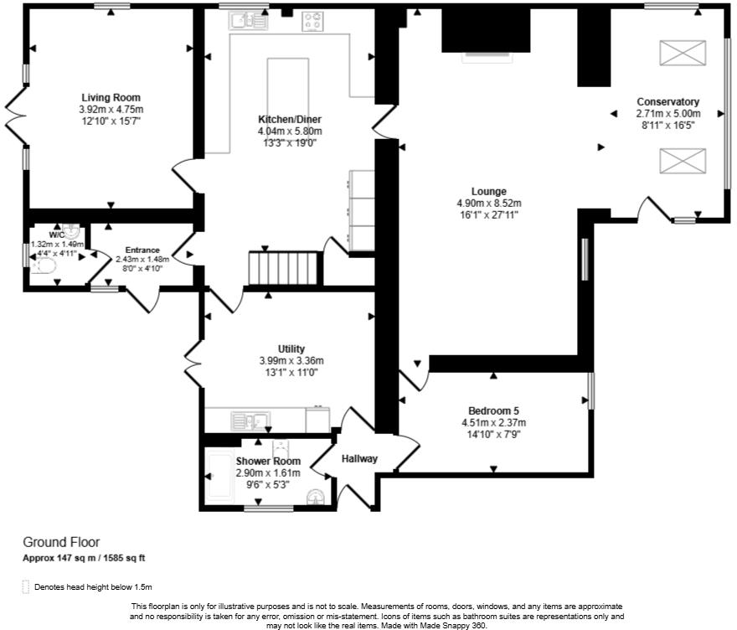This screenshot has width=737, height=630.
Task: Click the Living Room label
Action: [x=111, y=98]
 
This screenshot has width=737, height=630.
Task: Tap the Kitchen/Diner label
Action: [x=290, y=120]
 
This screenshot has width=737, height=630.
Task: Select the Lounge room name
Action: [x=489, y=192]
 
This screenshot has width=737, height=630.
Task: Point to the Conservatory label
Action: [x=668, y=101]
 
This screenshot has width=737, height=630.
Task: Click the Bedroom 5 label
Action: [x=493, y=411]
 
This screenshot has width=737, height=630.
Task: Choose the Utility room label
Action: [x=291, y=349]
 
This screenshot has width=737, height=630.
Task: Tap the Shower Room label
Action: [x=268, y=462]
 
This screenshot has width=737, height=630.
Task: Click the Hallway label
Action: [x=359, y=459]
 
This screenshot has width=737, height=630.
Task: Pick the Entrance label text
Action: [x=142, y=250]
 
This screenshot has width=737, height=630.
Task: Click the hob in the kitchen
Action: [x=312, y=21]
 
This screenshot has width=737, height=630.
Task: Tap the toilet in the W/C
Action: [x=44, y=267]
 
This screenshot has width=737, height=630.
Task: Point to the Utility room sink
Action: [x=250, y=421]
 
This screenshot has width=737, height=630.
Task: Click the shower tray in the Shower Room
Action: [x=219, y=476]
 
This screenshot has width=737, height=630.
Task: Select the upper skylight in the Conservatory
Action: [x=683, y=53]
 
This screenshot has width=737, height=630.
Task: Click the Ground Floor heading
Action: [x=62, y=542]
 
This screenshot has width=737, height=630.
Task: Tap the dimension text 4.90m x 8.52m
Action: [x=489, y=204]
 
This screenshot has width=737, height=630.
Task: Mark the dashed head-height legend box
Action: [x=26, y=586]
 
